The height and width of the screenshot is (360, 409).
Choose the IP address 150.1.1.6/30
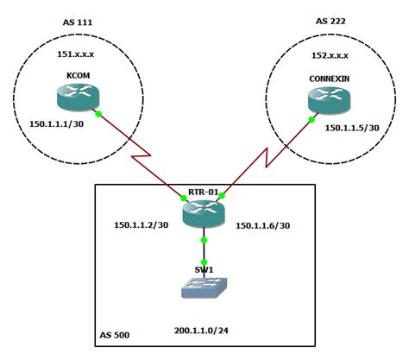(x=264, y=225)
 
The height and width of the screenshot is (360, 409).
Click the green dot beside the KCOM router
(x=100, y=113)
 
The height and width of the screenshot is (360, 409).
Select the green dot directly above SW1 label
(x=204, y=262)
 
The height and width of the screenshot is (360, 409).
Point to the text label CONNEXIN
(x=329, y=78)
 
